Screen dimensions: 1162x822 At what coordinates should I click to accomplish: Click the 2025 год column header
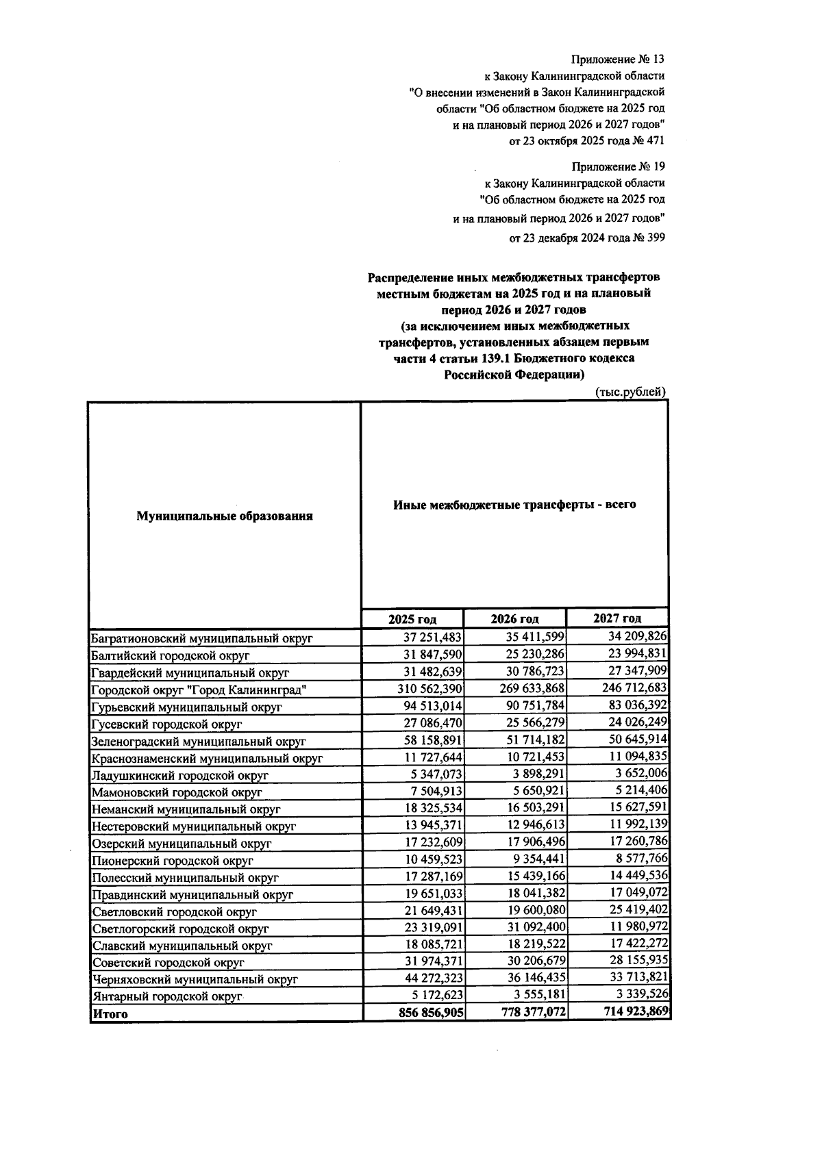click(412, 619)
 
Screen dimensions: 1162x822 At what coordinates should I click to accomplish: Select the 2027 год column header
click(617, 618)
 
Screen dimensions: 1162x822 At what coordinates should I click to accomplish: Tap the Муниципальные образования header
click(225, 516)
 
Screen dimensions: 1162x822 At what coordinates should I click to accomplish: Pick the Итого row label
click(110, 1014)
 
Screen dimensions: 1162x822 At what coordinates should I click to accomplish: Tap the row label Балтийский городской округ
click(171, 655)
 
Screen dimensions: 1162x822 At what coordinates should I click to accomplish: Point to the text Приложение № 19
click(618, 166)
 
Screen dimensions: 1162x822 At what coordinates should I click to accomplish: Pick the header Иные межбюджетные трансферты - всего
click(514, 505)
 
